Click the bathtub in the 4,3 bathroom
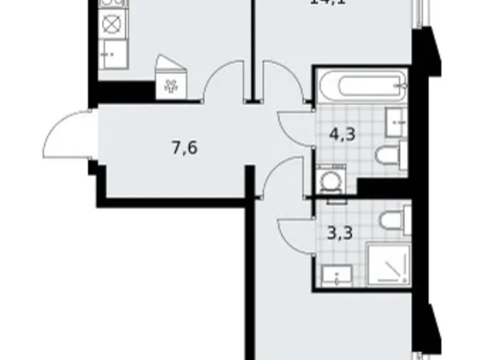click(362, 85)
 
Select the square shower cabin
click(387, 263)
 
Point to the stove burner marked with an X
click(111, 25)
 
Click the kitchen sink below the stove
click(112, 54)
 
